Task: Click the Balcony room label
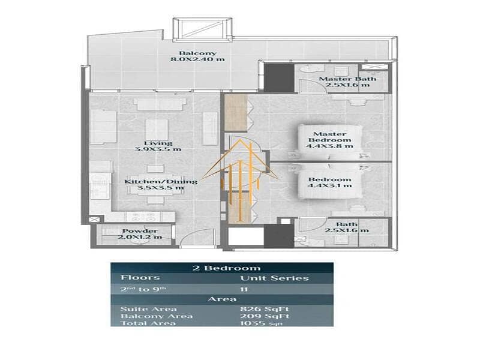(197, 53)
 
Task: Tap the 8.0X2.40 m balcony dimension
(197, 59)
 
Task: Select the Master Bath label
(347, 79)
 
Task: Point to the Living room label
(158, 143)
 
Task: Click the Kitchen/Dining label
(161, 182)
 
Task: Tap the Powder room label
(140, 231)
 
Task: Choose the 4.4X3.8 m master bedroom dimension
(329, 146)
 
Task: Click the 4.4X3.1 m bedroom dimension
(329, 185)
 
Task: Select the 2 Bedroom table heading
(226, 268)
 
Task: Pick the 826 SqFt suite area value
(265, 309)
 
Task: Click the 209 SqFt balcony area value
(265, 316)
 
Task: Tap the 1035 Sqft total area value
(261, 323)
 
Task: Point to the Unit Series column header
(274, 278)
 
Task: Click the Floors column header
(140, 277)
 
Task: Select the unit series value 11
(244, 289)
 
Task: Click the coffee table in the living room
(157, 130)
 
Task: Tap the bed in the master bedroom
(330, 142)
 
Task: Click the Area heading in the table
(222, 299)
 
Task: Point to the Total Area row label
(148, 323)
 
